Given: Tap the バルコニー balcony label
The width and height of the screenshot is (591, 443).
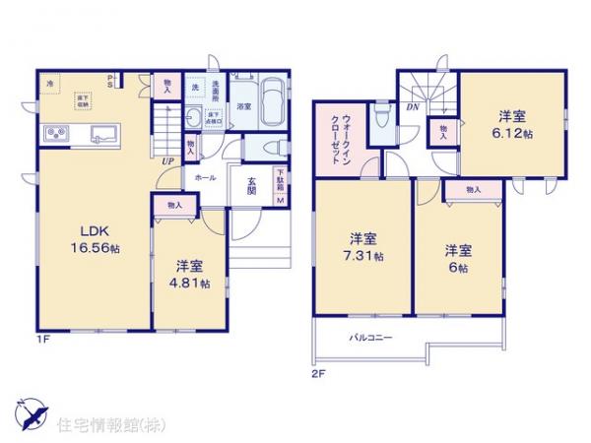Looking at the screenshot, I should click(x=370, y=338).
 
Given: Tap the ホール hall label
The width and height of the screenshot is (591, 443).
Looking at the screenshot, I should click(x=206, y=178).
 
